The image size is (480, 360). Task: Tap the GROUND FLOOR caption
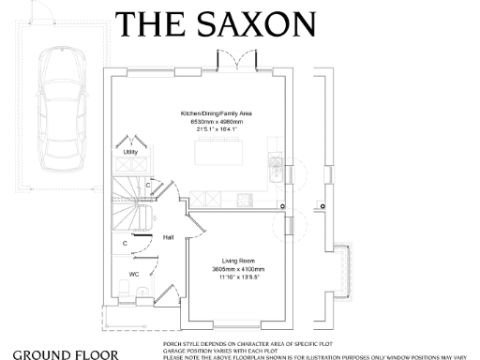pyautogui.click(x=66, y=354)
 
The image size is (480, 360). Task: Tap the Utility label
pyautogui.click(x=130, y=151)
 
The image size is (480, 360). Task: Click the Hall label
pyautogui.click(x=168, y=237)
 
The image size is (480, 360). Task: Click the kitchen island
pyautogui.click(x=219, y=152)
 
